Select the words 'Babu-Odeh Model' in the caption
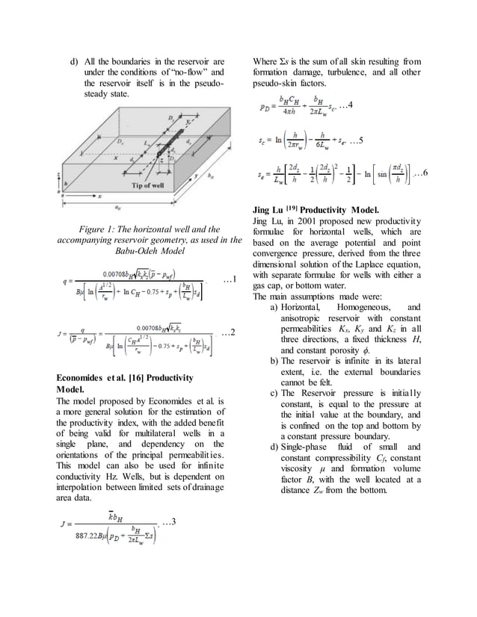tap(150, 252)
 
